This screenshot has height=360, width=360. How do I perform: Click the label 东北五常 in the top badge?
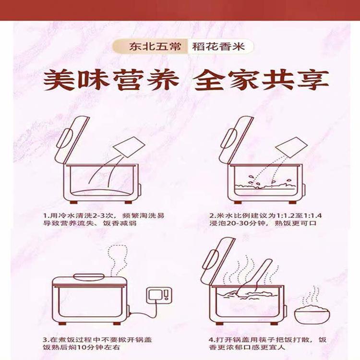pos(155,47)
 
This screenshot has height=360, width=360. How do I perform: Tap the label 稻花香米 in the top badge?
pos(218,47)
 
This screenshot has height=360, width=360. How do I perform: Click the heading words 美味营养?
pos(111,80)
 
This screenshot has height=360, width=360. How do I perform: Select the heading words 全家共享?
pos(261,80)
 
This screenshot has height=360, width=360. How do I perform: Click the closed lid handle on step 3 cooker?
pos(89,276)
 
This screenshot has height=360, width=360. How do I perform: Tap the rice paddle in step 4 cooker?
pos(255,278)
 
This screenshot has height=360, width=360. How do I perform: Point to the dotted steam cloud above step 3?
pos(118,255)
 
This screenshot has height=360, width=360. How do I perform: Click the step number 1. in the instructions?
pos(46,216)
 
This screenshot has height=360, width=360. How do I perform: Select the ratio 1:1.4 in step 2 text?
pos(312,216)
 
